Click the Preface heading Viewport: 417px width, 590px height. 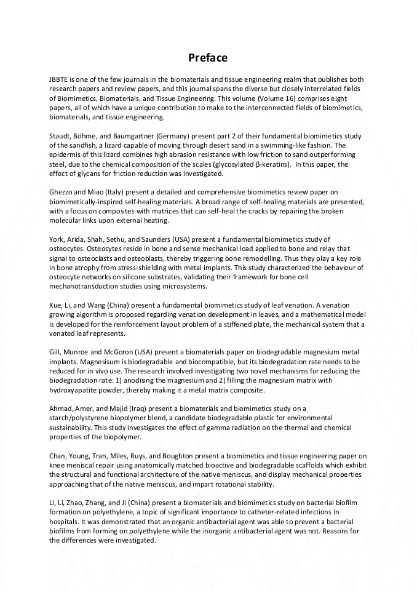click(208, 58)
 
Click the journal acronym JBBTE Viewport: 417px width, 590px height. click(60, 79)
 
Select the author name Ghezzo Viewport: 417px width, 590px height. click(62, 192)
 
